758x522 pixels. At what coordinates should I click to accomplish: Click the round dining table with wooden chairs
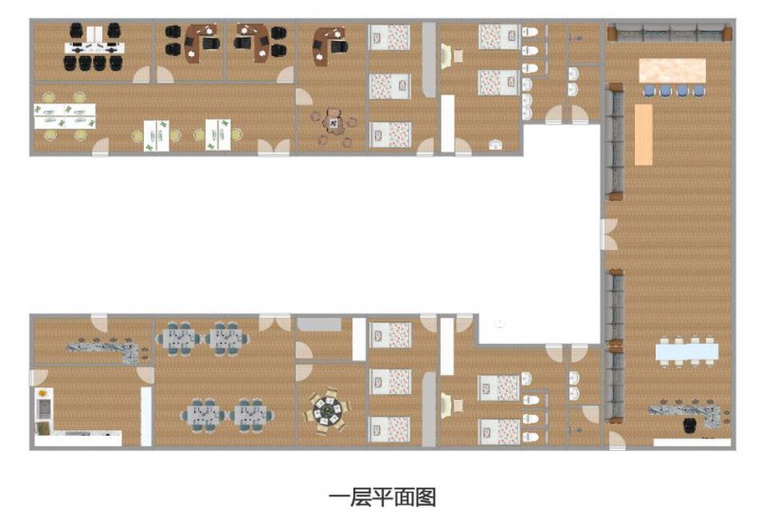(326, 411)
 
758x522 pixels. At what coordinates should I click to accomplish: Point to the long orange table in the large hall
(643, 135)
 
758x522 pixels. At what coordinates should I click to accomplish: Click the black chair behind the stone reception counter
(690, 425)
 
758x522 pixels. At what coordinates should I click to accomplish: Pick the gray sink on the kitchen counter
(43, 409)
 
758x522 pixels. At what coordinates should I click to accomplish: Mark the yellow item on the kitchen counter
(43, 393)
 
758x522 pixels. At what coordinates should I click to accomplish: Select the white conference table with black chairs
(94, 47)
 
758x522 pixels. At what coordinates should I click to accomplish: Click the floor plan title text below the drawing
(382, 496)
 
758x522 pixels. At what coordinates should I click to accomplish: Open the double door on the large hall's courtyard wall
(608, 234)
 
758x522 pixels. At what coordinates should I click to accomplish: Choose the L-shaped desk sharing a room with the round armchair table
(330, 45)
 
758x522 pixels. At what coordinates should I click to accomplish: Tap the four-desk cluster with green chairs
(64, 117)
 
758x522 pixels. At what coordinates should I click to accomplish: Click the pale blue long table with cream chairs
(686, 351)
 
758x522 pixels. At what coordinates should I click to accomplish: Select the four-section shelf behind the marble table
(670, 33)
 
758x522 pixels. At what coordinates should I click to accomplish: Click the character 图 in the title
(425, 496)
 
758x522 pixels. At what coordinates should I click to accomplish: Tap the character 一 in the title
(338, 497)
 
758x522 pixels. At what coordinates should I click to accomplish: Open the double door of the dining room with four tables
(275, 323)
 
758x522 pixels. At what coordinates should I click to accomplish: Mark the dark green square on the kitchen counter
(43, 428)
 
